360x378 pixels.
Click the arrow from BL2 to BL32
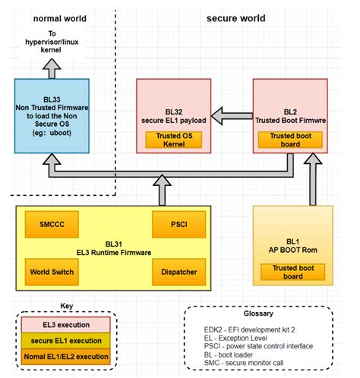point(231,115)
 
